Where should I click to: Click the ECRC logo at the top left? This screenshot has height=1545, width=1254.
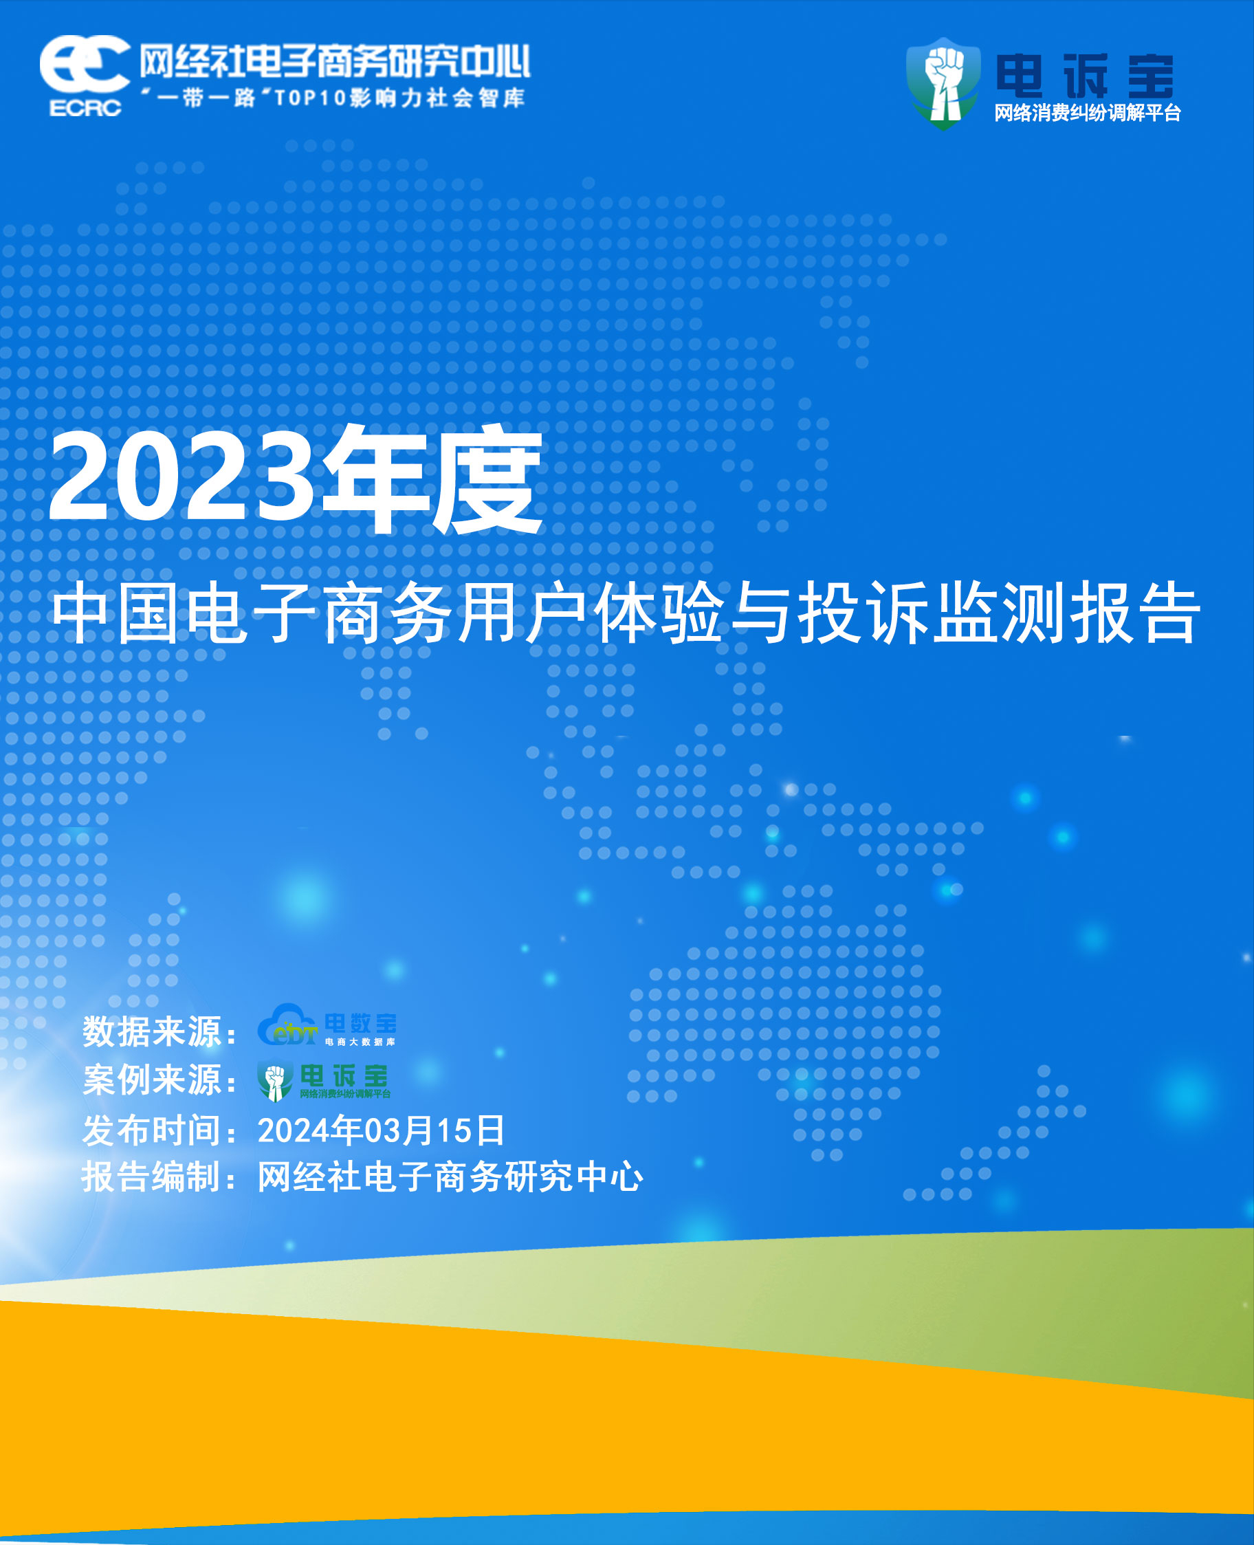(85, 74)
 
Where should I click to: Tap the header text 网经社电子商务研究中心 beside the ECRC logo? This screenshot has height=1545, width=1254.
(334, 61)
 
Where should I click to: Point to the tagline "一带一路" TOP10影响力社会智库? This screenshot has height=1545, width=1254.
(333, 98)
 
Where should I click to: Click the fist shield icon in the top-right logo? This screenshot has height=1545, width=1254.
(943, 83)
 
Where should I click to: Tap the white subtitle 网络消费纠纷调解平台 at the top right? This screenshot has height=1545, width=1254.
(1087, 113)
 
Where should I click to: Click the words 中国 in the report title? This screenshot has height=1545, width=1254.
(115, 614)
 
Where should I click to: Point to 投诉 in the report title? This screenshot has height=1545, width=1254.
(864, 614)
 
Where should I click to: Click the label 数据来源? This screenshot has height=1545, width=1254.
(152, 1031)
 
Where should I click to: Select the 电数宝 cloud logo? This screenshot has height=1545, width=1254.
(327, 1025)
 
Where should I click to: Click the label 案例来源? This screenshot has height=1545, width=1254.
(152, 1081)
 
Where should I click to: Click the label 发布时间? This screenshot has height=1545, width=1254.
(152, 1130)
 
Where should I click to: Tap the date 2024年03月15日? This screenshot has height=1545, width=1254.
(381, 1130)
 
